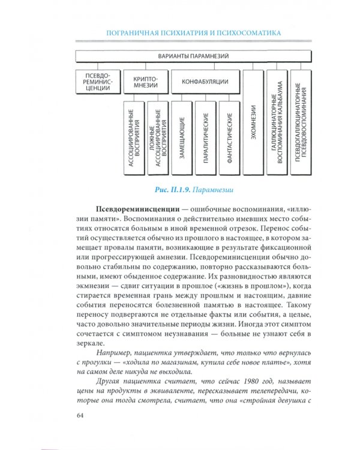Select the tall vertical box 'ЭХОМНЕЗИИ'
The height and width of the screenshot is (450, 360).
click(x=254, y=123)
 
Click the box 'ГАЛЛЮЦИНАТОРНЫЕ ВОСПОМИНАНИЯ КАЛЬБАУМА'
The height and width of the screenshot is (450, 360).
click(x=277, y=123)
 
